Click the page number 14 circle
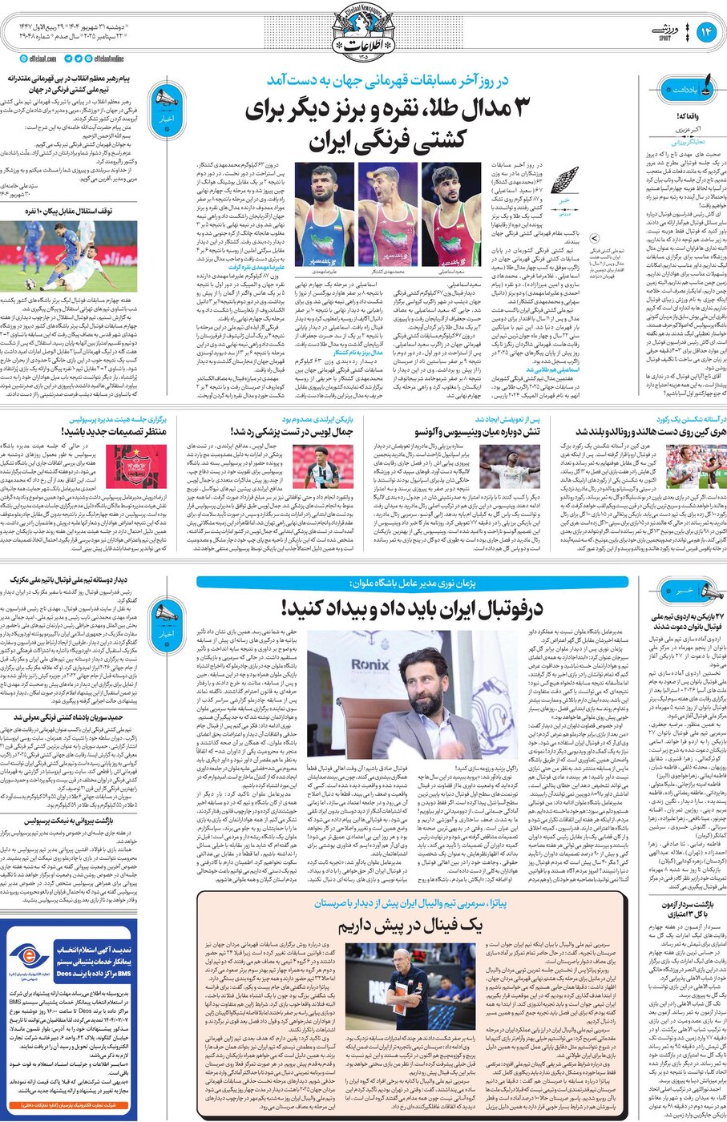(x=707, y=31)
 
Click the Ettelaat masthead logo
(x=361, y=30)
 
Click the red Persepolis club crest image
(x=126, y=466)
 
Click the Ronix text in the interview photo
(x=370, y=664)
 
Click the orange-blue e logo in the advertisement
(x=29, y=958)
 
